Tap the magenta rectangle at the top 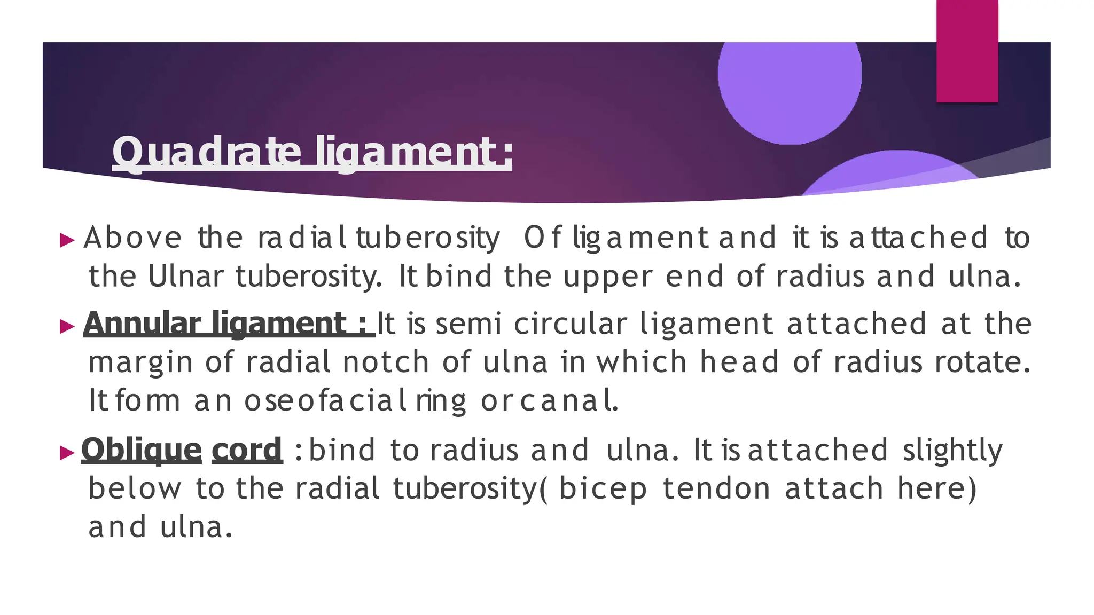(967, 51)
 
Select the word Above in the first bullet (132, 238)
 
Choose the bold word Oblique (141, 450)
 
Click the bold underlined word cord (247, 450)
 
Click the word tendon (716, 488)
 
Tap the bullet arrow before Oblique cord (67, 453)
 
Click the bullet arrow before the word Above (67, 240)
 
